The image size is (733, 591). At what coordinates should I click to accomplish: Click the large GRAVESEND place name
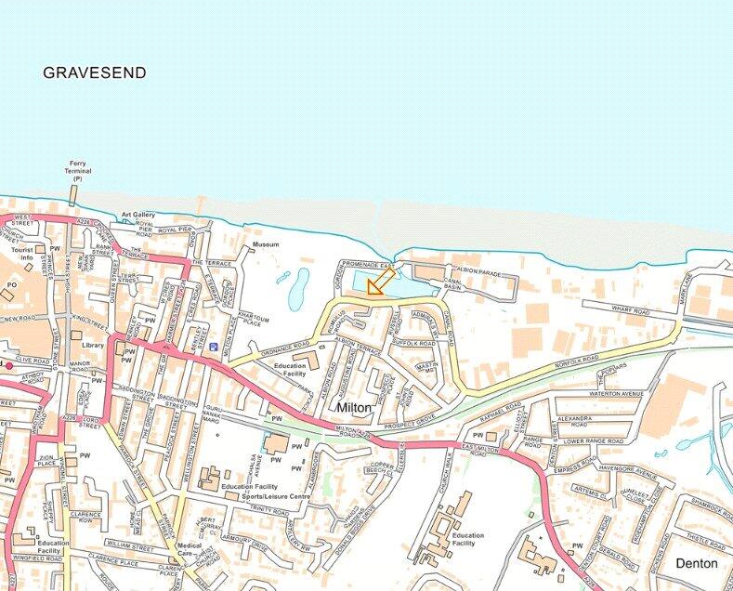[x=95, y=72]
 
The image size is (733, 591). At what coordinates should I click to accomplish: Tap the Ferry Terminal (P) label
[x=76, y=170]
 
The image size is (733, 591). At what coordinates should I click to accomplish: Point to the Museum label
[x=266, y=244]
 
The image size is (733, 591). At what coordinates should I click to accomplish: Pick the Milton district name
[x=355, y=407]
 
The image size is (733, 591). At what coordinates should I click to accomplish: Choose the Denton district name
[x=697, y=563]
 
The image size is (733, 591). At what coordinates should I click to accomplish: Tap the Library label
[x=93, y=345]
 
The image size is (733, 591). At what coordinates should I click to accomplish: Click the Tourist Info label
[x=21, y=255]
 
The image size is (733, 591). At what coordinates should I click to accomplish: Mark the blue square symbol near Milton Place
[x=215, y=348]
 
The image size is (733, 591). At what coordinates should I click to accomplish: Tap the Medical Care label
[x=190, y=549]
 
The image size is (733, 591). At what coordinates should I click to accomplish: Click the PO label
[x=12, y=284]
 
